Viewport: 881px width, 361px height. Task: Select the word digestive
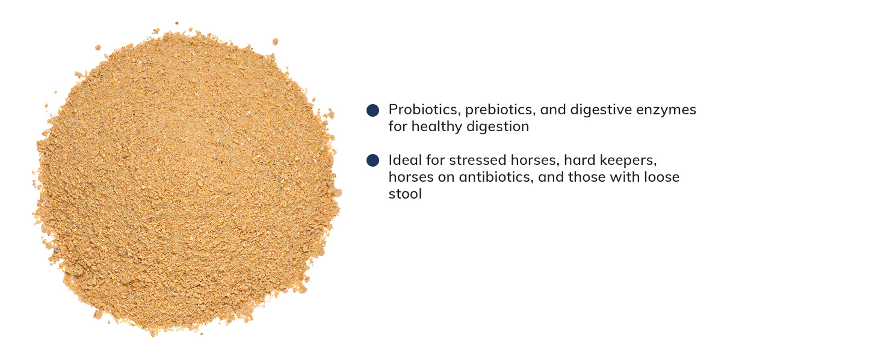tap(599, 110)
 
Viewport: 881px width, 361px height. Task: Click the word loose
tap(661, 177)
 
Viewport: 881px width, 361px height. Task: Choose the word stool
tap(405, 194)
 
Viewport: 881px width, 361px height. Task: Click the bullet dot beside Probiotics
tap(372, 110)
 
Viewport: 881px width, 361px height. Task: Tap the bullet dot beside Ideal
tap(372, 161)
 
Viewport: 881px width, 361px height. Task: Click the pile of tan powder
tap(187, 180)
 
